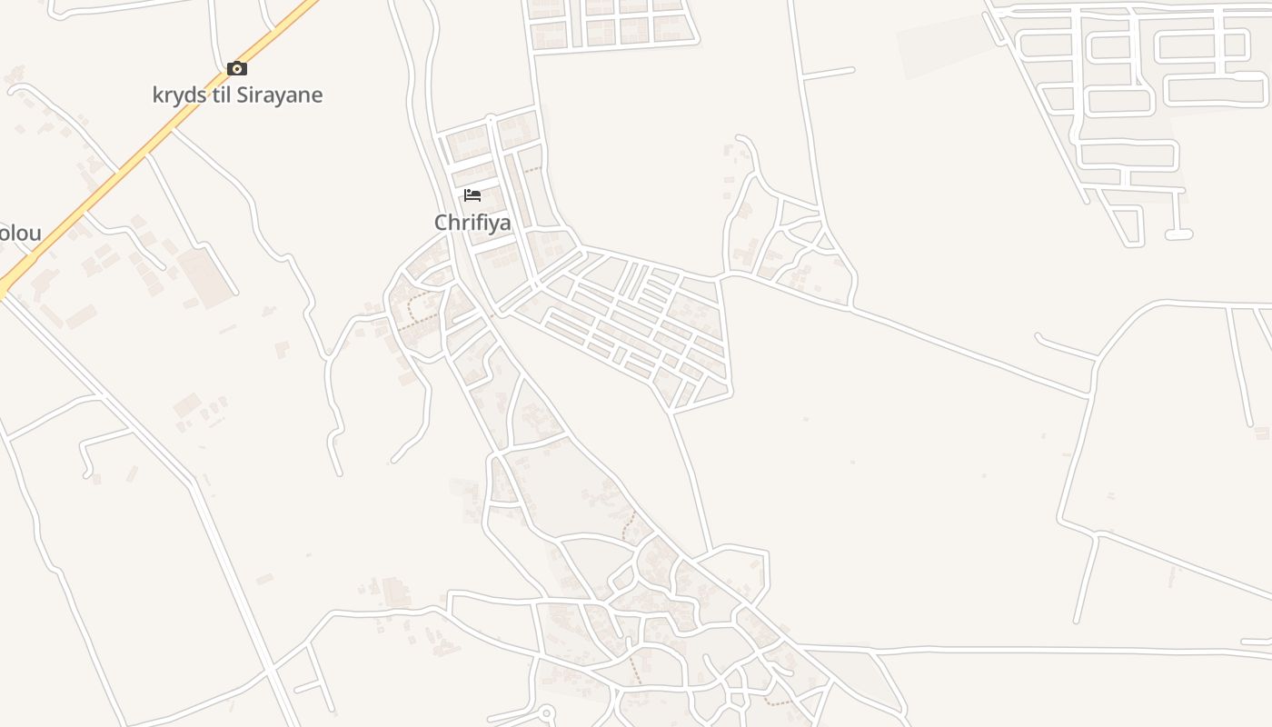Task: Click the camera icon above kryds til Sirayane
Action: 237,69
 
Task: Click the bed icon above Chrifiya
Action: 472,194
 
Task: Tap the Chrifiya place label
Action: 472,223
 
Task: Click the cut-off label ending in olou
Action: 20,234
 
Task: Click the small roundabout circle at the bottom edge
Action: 547,713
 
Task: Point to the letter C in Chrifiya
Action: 442,223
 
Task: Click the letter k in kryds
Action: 158,95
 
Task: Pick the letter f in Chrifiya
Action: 476,222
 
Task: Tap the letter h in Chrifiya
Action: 454,222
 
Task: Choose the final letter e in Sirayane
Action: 317,95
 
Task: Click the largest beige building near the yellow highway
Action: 205,277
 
